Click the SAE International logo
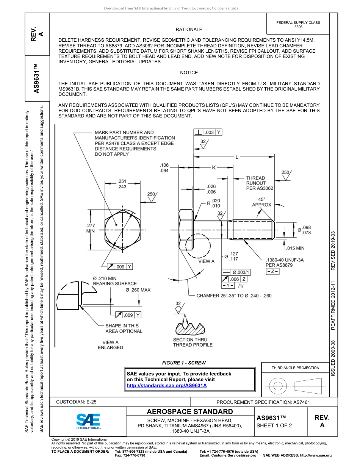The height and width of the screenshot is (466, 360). pyautogui.click(x=88, y=421)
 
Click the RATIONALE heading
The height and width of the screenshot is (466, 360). pyautogui.click(x=189, y=30)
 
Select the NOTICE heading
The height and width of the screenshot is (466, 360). pyautogui.click(x=189, y=73)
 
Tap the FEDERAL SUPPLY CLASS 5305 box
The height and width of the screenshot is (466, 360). pyautogui.click(x=298, y=25)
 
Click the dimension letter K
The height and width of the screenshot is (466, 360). pyautogui.click(x=214, y=167)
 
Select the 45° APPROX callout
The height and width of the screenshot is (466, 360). pyautogui.click(x=261, y=202)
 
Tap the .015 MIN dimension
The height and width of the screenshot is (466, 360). pyautogui.click(x=295, y=248)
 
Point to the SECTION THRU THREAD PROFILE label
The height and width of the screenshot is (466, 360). pyautogui.click(x=193, y=342)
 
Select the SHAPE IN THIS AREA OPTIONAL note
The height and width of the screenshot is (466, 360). pyautogui.click(x=124, y=328)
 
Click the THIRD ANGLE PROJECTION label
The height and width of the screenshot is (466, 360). pyautogui.click(x=295, y=367)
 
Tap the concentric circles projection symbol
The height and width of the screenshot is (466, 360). pyautogui.click(x=278, y=386)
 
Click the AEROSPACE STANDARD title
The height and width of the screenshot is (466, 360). pyautogui.click(x=189, y=412)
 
